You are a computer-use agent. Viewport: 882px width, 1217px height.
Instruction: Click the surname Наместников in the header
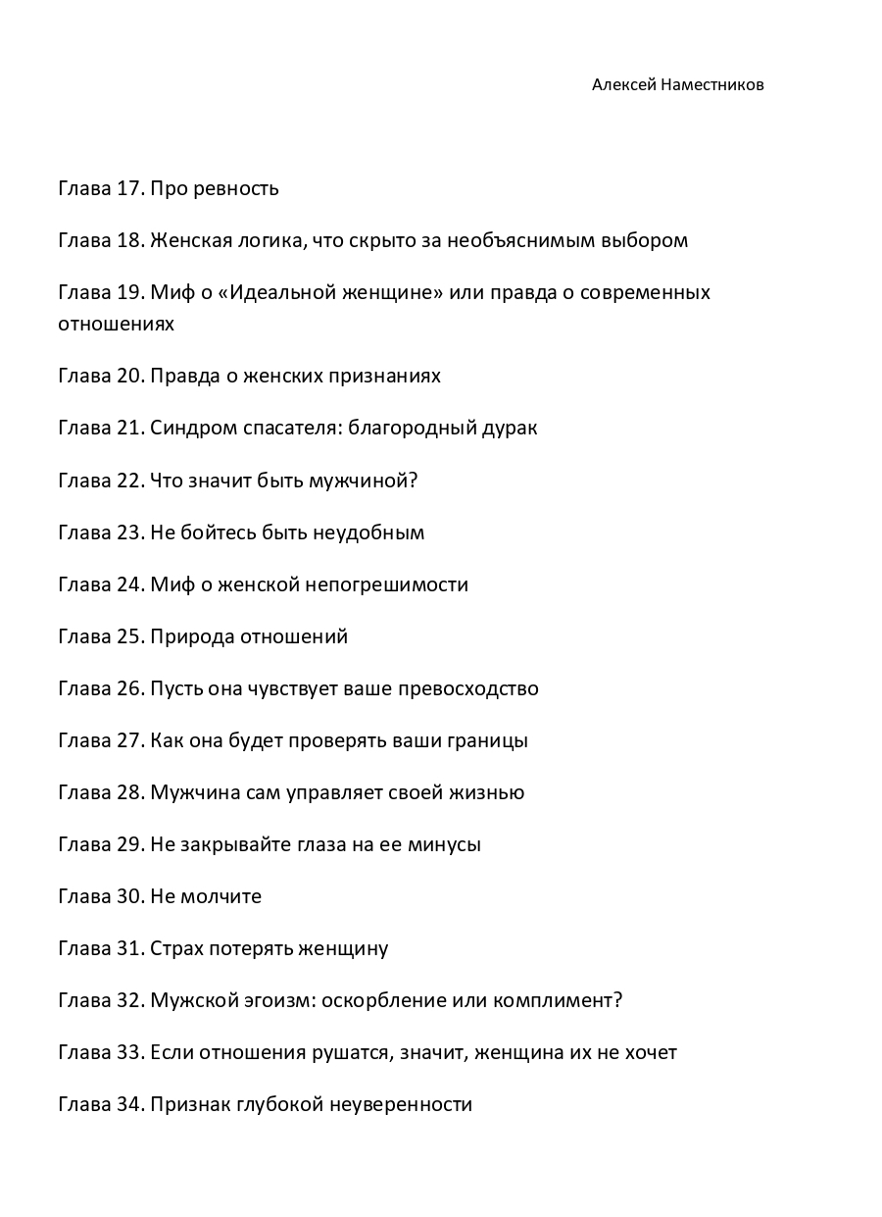(x=712, y=85)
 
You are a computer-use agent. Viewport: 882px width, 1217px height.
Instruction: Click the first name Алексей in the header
(x=624, y=85)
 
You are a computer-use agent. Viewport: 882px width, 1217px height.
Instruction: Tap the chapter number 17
(x=129, y=188)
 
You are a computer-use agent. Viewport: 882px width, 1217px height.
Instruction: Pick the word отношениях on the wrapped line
(x=116, y=324)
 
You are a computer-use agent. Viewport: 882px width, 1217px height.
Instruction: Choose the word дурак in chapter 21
(x=510, y=428)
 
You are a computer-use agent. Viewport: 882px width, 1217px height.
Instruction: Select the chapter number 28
(x=129, y=792)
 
